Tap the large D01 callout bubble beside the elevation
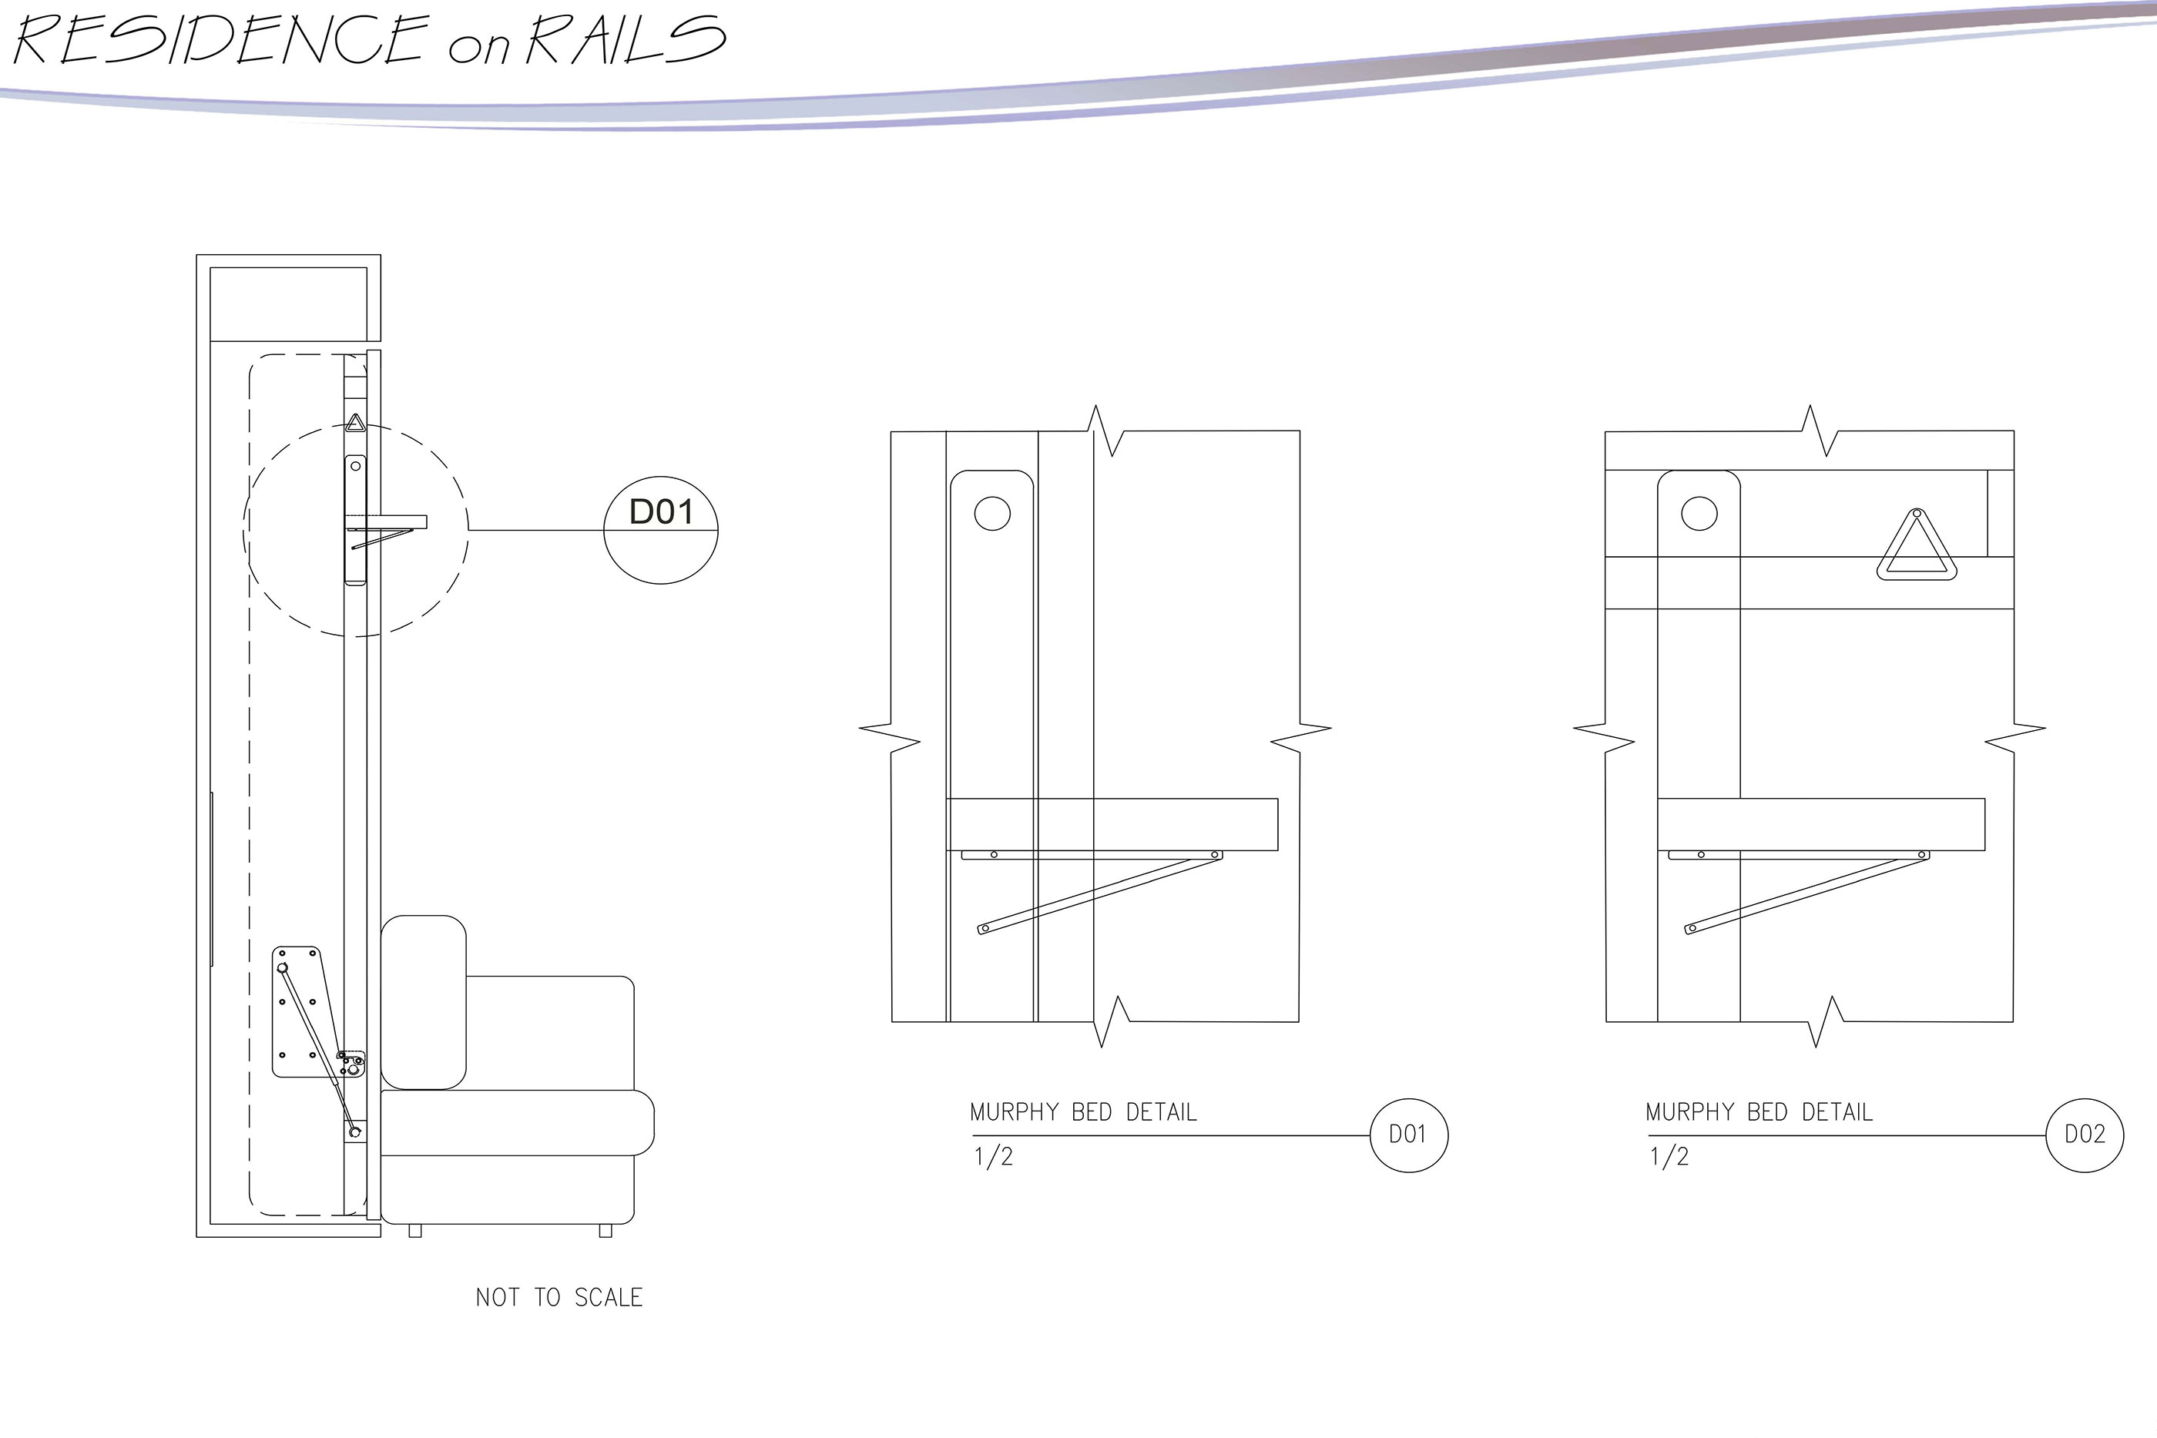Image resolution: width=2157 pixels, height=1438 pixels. [x=660, y=529]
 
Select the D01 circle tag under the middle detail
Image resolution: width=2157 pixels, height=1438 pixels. [x=1407, y=1135]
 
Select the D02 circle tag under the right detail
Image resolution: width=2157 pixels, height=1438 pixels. [x=2085, y=1135]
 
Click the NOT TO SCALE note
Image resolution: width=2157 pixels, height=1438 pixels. [x=559, y=1298]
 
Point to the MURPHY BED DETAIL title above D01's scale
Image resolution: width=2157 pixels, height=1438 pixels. [x=1083, y=1112]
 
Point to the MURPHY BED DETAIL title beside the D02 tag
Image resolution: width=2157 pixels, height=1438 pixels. [x=1759, y=1112]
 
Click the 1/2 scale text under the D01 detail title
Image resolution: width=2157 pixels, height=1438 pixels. [x=993, y=1156]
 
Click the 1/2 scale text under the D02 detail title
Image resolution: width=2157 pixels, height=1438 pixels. [x=1669, y=1156]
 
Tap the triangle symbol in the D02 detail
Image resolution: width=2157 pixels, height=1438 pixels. [x=1916, y=548]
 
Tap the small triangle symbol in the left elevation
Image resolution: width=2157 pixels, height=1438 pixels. [x=355, y=424]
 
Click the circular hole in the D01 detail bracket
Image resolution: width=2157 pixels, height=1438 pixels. [x=991, y=513]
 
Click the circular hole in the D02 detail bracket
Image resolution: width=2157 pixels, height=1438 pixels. [x=1699, y=513]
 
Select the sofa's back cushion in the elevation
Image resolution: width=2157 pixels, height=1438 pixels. [x=423, y=1001]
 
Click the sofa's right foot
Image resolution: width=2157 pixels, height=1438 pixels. [x=605, y=1231]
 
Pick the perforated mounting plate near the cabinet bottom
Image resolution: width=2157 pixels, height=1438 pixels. [x=298, y=1011]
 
